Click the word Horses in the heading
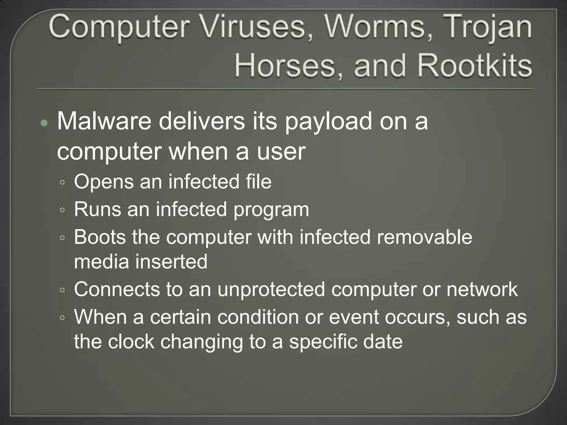pos(285,66)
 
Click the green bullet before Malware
pos(44,123)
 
